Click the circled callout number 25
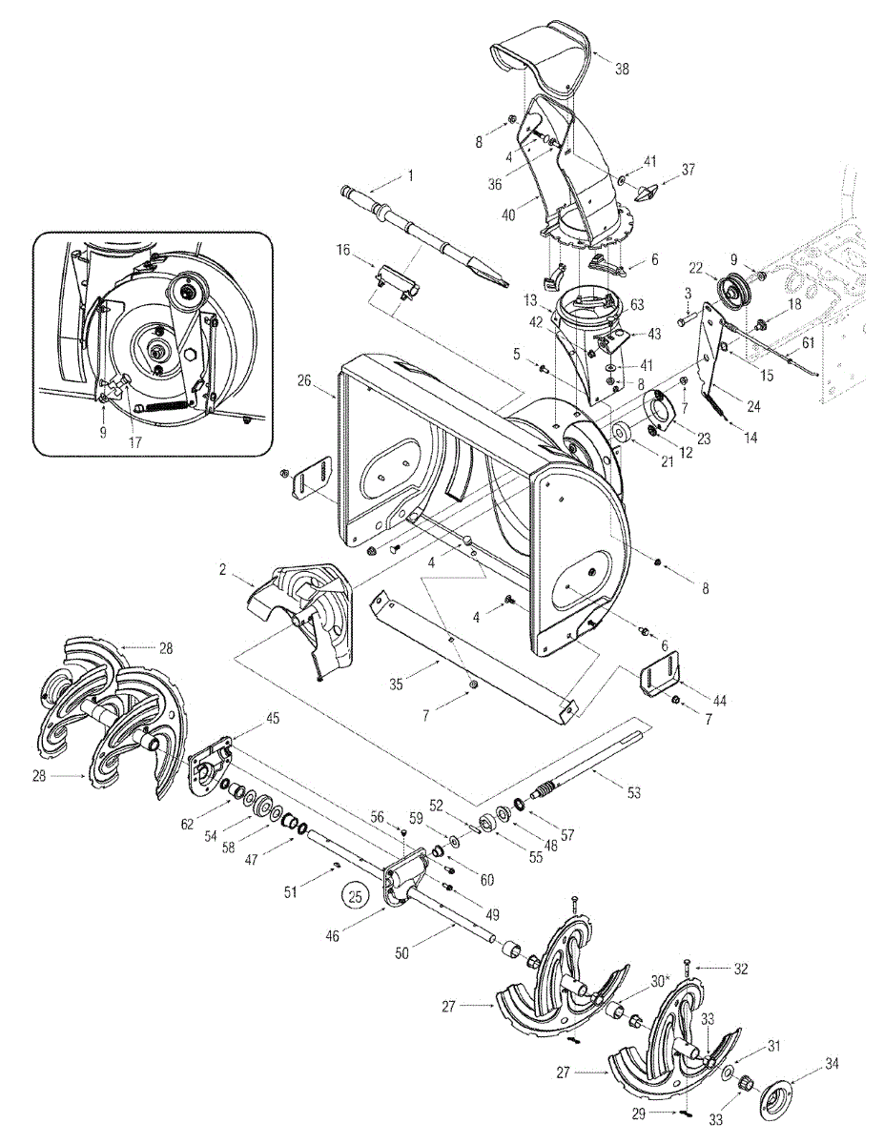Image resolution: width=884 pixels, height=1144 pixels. click(x=355, y=896)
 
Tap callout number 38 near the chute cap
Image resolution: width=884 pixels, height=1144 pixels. click(x=622, y=70)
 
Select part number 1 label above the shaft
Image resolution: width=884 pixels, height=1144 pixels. click(x=411, y=175)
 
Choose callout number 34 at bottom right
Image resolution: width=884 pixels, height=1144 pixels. click(x=832, y=1061)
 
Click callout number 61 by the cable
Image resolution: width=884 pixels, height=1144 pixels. click(x=808, y=341)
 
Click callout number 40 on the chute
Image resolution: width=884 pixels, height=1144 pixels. click(x=508, y=215)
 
